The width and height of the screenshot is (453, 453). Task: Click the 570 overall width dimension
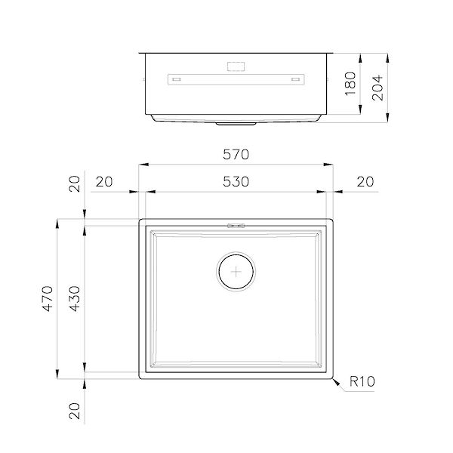(x=236, y=155)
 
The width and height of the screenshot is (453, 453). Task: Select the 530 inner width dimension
(x=236, y=182)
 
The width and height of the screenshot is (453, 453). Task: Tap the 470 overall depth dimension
(x=48, y=298)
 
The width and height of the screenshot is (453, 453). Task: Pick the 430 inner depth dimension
(x=75, y=298)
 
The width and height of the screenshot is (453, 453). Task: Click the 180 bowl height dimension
(x=350, y=84)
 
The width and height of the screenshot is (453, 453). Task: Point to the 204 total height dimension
(x=377, y=88)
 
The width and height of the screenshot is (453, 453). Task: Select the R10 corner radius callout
(x=362, y=381)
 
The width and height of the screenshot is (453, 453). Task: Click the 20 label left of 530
(x=104, y=182)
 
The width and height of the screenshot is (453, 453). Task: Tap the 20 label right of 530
(x=365, y=182)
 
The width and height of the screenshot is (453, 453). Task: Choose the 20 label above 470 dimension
(x=75, y=183)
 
